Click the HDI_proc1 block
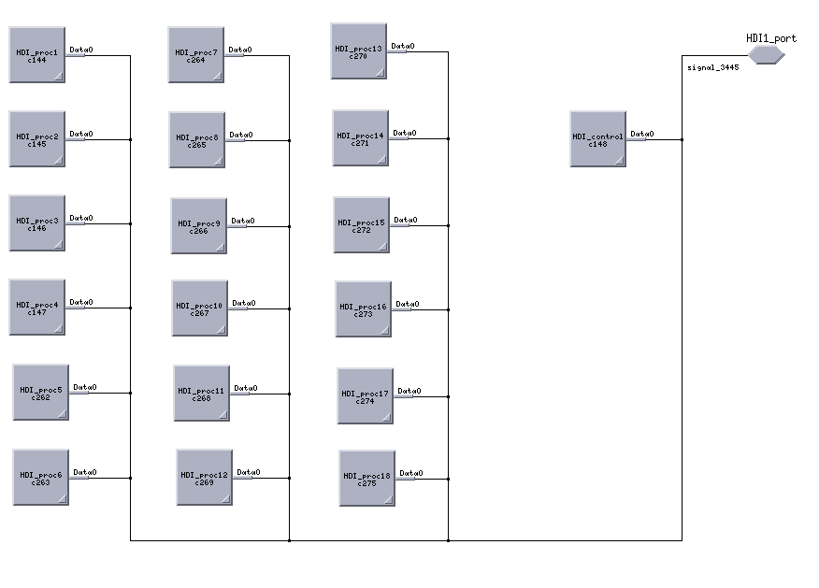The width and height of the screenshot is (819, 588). click(x=37, y=55)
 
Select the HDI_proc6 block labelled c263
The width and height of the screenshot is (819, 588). click(x=40, y=478)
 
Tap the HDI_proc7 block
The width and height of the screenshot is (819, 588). click(x=196, y=55)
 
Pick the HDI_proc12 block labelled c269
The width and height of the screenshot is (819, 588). click(x=204, y=478)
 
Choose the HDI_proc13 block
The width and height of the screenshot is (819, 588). click(x=358, y=51)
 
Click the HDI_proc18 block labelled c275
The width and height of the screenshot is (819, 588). click(x=366, y=479)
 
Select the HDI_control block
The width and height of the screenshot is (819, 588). click(x=597, y=139)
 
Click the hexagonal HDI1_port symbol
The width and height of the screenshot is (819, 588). click(x=766, y=55)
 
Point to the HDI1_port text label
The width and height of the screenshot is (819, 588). click(x=771, y=38)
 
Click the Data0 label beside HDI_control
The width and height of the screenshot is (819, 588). click(x=642, y=134)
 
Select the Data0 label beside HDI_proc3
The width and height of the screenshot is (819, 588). click(x=81, y=218)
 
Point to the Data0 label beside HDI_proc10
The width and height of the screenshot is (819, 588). click(x=244, y=303)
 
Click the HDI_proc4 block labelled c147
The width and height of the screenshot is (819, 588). click(x=37, y=308)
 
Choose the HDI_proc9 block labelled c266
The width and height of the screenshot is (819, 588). click(x=198, y=226)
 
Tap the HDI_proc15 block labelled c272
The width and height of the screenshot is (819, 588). click(x=361, y=225)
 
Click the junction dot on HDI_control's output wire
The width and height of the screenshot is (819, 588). click(x=682, y=140)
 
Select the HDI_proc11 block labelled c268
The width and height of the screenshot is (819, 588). click(x=201, y=394)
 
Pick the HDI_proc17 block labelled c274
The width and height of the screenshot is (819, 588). click(x=365, y=396)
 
